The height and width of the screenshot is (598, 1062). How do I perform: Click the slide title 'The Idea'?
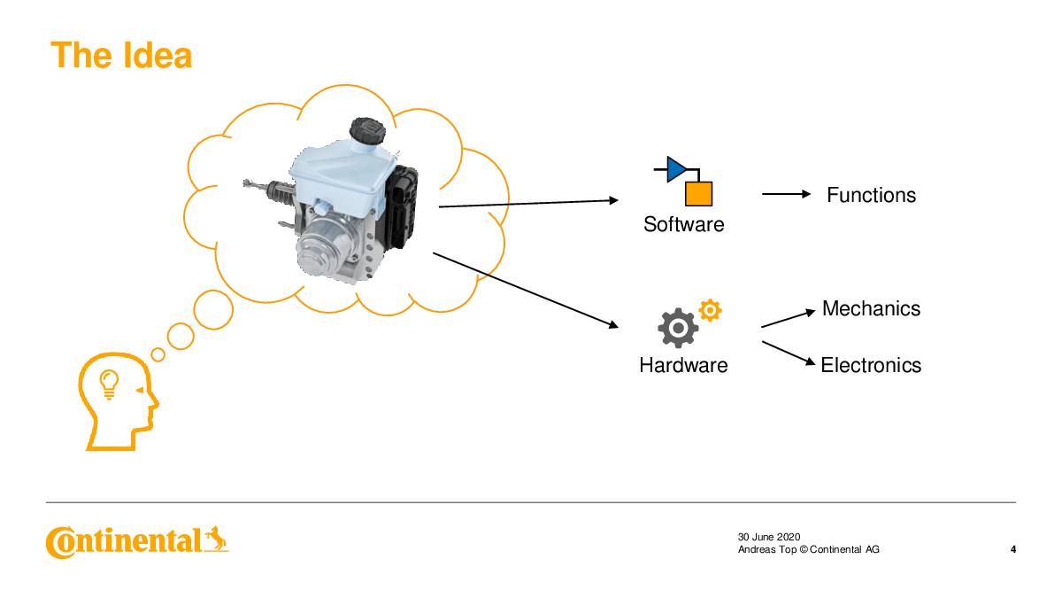[x=121, y=56]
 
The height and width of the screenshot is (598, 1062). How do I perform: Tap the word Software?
[x=683, y=224]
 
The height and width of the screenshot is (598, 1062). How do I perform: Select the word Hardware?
[x=683, y=365]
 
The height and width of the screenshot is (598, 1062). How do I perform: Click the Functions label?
[x=872, y=195]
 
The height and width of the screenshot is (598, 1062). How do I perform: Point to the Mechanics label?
[x=872, y=308]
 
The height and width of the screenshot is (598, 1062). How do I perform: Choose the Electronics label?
[x=871, y=365]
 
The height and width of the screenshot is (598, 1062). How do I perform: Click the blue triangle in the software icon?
[x=676, y=169]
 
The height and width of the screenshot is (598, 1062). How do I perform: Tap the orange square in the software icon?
[x=698, y=194]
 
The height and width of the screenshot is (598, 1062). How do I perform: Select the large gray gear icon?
[x=678, y=328]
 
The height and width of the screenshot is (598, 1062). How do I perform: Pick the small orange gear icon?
[x=710, y=310]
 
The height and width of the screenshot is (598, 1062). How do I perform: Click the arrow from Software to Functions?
[x=786, y=194]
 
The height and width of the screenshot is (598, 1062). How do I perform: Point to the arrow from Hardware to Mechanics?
[x=788, y=319]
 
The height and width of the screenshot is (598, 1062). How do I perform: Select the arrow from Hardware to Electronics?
[x=789, y=353]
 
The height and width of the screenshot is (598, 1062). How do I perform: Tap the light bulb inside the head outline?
[x=109, y=384]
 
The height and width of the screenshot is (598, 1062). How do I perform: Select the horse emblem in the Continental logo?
[x=216, y=539]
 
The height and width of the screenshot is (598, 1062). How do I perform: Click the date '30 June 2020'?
[x=768, y=537]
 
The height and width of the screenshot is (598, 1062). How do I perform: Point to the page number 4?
[x=1012, y=549]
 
